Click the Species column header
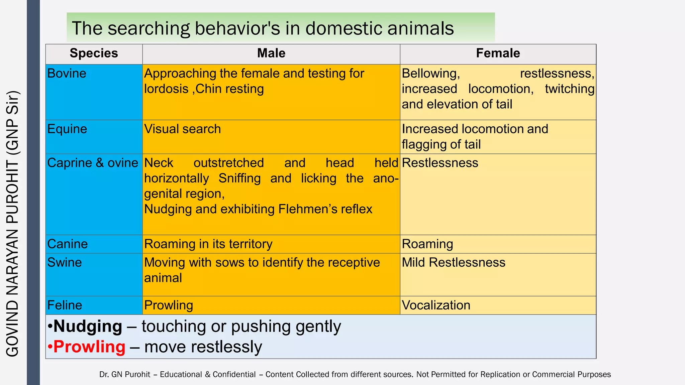point(94,53)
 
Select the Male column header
point(271,53)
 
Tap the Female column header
point(498,53)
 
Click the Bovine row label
point(67,74)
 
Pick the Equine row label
point(67,129)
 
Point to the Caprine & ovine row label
point(93,163)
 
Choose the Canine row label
point(68,244)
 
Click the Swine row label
point(65,263)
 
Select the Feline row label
point(65,305)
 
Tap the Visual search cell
point(183,129)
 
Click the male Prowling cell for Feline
point(169,305)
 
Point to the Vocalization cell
point(436,305)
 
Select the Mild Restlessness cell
point(454,263)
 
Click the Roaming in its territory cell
point(208,244)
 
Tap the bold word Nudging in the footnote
point(88,327)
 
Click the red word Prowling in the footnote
point(89,347)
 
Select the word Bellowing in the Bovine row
point(431,74)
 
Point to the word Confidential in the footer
point(234,375)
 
